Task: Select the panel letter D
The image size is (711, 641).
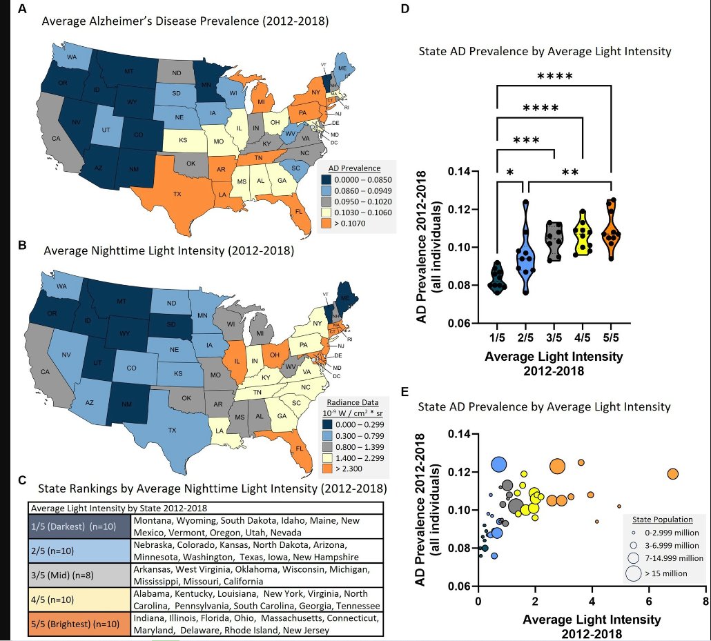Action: point(405,9)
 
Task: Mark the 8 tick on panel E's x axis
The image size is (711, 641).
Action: point(705,602)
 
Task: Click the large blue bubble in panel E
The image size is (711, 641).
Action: point(500,464)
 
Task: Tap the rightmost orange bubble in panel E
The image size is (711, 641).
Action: point(673,473)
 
